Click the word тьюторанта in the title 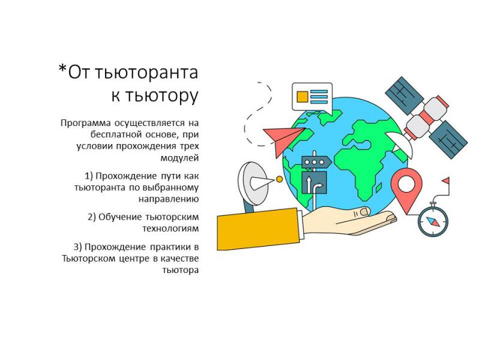[146, 73]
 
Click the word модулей [179, 158]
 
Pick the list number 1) [89, 176]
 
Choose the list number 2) [92, 217]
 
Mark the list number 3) [78, 247]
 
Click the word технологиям [170, 229]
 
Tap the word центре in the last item [133, 259]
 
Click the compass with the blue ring [433, 220]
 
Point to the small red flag [446, 181]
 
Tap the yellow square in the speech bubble [302, 97]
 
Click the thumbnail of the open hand [364, 211]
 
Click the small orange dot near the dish [279, 179]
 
